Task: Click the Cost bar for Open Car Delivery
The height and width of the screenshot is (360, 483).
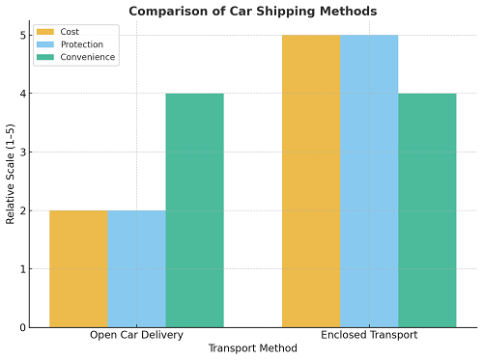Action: pyautogui.click(x=78, y=268)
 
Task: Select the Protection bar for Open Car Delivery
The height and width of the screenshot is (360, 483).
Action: pyautogui.click(x=136, y=268)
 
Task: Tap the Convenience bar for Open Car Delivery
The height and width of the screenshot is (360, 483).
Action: pyautogui.click(x=194, y=210)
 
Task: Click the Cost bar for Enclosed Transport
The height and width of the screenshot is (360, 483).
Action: pyautogui.click(x=310, y=181)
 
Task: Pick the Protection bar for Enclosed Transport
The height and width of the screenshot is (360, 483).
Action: pyautogui.click(x=368, y=181)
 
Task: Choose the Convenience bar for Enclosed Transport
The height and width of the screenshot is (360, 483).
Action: pyautogui.click(x=426, y=210)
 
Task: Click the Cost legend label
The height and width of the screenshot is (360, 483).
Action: pyautogui.click(x=70, y=32)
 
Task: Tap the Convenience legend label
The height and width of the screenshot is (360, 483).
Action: pyautogui.click(x=87, y=57)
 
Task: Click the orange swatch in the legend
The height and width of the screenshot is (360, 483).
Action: pyautogui.click(x=45, y=32)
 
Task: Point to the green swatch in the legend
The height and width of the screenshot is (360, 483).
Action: pyautogui.click(x=45, y=57)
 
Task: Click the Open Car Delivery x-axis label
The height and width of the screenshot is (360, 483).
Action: pyautogui.click(x=136, y=336)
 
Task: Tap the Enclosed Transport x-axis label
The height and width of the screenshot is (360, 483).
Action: pyautogui.click(x=369, y=336)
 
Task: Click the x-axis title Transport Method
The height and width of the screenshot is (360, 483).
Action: pyautogui.click(x=252, y=349)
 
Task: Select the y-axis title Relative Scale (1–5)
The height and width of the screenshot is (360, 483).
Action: pyautogui.click(x=11, y=180)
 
